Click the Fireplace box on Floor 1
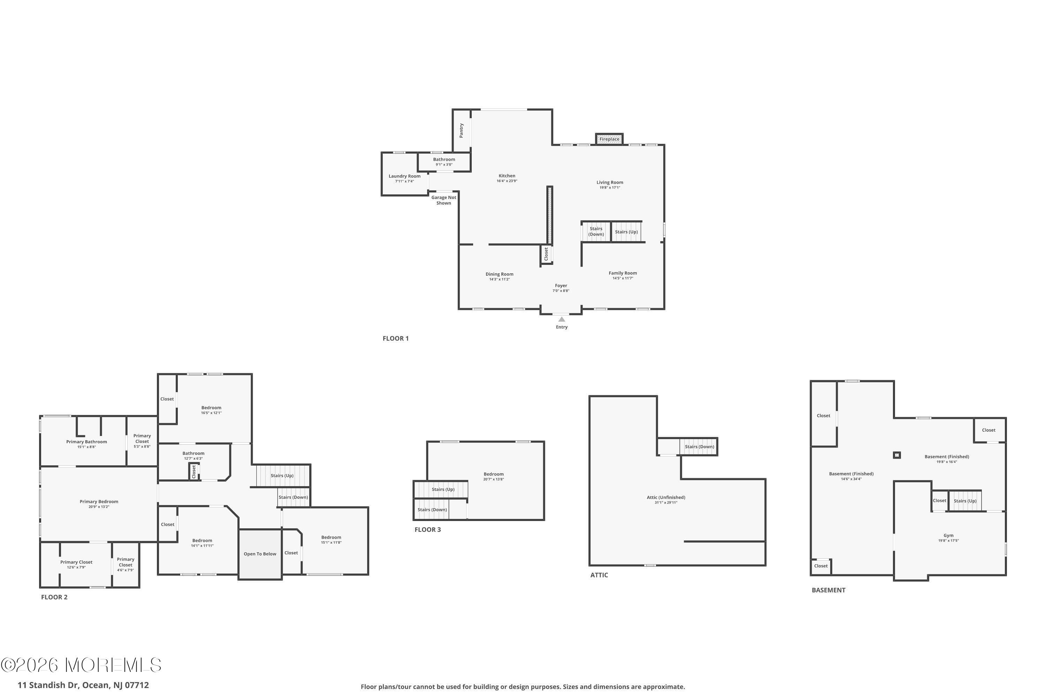(x=609, y=139)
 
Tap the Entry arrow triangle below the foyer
(x=562, y=319)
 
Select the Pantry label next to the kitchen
(x=461, y=130)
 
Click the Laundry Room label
(x=404, y=176)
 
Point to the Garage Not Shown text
(x=444, y=200)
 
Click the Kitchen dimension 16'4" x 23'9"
(x=507, y=181)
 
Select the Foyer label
(x=561, y=286)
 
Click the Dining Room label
(x=499, y=274)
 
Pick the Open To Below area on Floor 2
(x=260, y=554)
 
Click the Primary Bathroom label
(x=86, y=442)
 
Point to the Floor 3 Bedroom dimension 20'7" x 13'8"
(x=493, y=479)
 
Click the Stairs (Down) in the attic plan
(x=699, y=447)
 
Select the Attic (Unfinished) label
(x=666, y=497)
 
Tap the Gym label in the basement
(x=948, y=536)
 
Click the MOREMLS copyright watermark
(x=81, y=665)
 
